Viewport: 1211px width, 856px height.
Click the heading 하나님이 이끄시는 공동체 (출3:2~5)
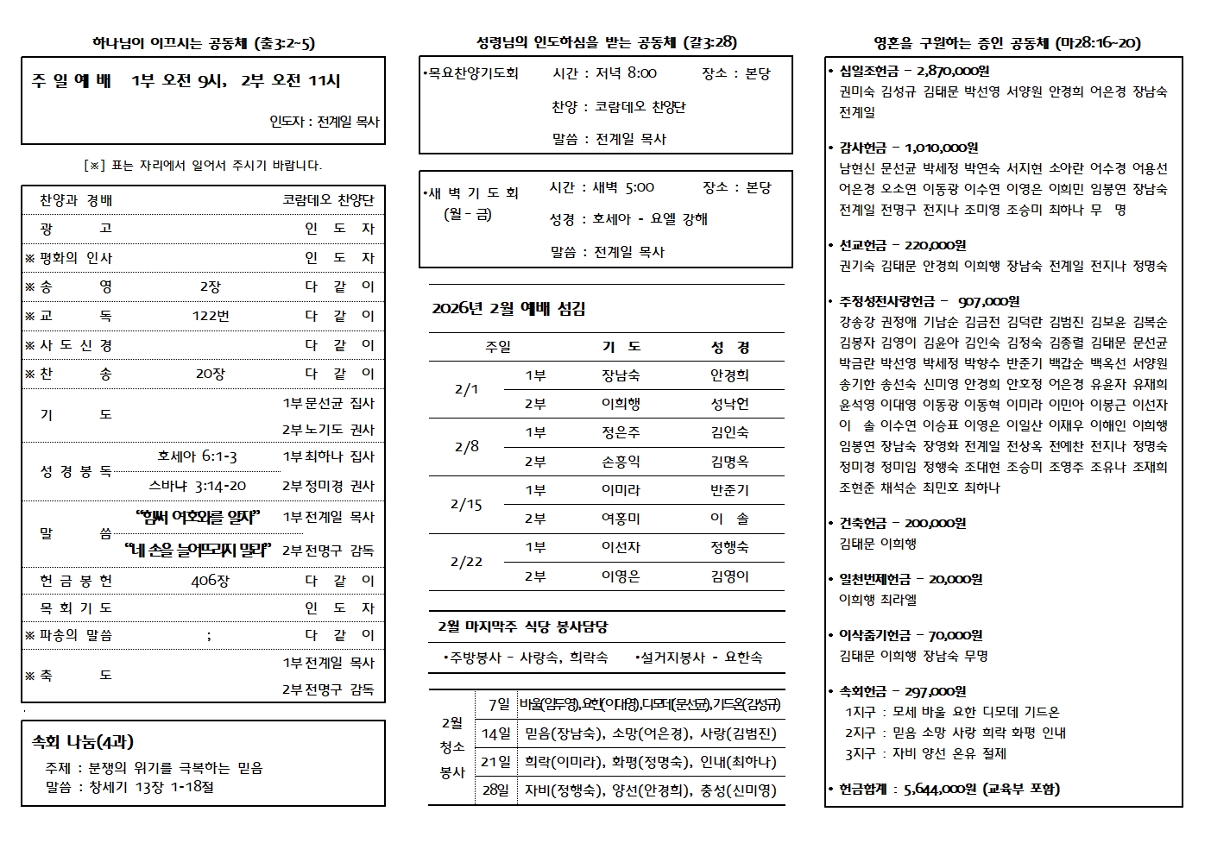(x=203, y=43)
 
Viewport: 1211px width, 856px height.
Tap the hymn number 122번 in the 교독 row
(x=210, y=316)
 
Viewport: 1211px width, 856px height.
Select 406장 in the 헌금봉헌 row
(x=210, y=581)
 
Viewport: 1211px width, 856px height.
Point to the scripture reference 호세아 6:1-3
(x=197, y=456)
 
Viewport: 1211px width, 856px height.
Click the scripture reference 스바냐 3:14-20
(x=198, y=486)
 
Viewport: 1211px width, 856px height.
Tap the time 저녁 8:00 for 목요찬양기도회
(x=626, y=73)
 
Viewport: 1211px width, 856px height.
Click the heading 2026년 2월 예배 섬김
(x=508, y=309)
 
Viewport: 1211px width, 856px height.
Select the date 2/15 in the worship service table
(x=466, y=504)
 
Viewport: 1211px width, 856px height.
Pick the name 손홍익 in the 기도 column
(x=621, y=462)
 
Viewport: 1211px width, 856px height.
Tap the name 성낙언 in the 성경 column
(x=729, y=404)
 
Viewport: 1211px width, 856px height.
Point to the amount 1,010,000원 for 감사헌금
(x=942, y=148)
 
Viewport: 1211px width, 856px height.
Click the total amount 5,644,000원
(x=940, y=790)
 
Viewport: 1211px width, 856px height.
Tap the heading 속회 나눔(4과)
(x=83, y=742)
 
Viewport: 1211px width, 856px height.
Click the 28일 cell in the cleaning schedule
(x=496, y=790)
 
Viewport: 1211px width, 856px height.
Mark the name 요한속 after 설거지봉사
(x=743, y=658)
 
